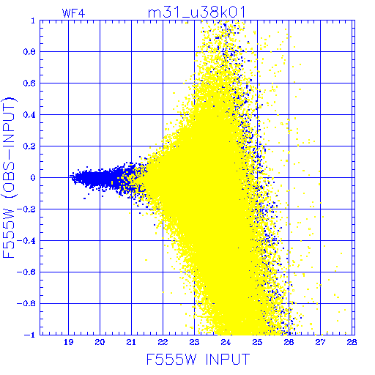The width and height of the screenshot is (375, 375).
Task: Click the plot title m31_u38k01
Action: point(196,12)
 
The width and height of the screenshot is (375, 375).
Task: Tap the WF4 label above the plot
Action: point(73,13)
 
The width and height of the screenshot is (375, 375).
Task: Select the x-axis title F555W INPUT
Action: point(198,359)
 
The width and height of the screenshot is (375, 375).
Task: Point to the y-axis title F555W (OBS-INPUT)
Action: point(9,177)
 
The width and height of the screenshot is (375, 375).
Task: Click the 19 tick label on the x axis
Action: point(68,342)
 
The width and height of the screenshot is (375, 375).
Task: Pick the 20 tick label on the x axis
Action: point(100,342)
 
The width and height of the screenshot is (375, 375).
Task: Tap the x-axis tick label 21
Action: point(131,342)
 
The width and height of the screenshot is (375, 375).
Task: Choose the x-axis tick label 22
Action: point(163,342)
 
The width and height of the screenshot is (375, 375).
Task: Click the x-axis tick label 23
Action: point(194,342)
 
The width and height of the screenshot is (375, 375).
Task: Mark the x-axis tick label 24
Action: point(226,342)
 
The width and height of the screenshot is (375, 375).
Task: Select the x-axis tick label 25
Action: point(257,342)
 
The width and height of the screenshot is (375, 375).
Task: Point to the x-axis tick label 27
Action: point(320,342)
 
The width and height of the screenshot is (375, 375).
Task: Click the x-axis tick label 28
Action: point(352,342)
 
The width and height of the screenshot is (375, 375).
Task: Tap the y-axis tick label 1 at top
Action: point(33,21)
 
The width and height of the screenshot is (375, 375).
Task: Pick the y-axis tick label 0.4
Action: point(29,115)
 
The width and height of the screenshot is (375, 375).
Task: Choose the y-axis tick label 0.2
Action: point(29,146)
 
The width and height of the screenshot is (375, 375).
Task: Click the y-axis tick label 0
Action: point(33,177)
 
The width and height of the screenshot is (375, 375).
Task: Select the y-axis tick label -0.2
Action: point(26,209)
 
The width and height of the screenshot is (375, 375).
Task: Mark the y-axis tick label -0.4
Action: point(26,241)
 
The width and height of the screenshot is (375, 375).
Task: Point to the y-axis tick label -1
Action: point(29,335)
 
